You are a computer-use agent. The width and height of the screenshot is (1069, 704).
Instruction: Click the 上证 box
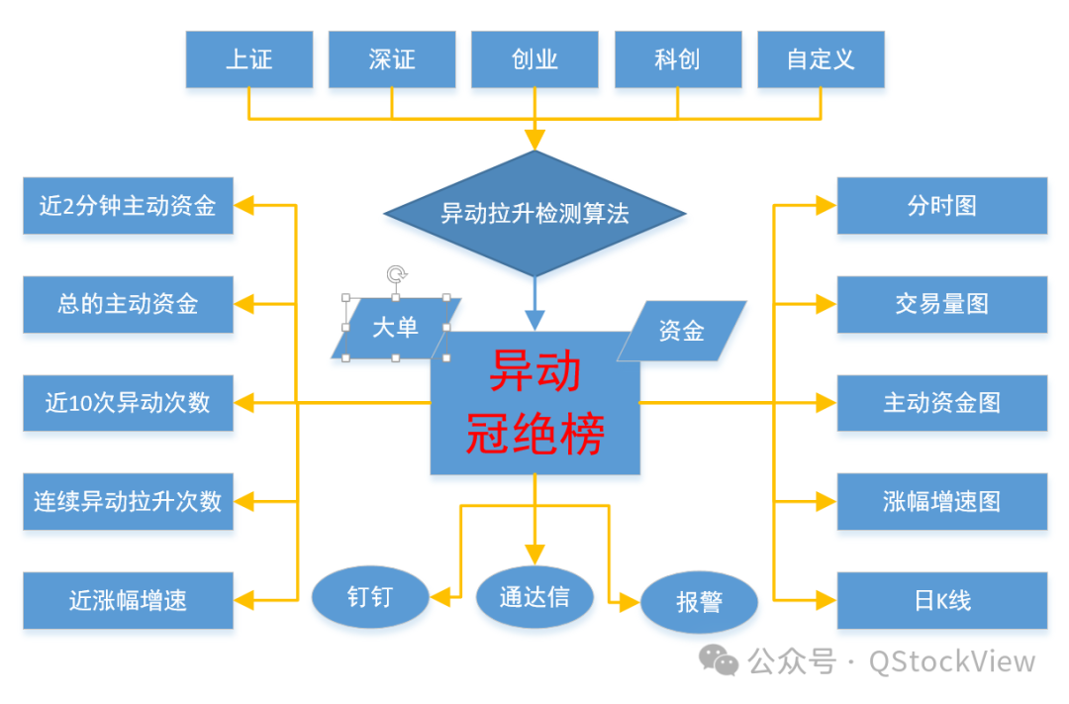pos(248,59)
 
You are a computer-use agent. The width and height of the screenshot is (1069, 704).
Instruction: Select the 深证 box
pos(392,59)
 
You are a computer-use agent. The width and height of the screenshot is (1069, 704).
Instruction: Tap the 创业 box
pos(534,59)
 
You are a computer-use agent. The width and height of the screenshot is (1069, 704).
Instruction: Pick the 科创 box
pos(678,59)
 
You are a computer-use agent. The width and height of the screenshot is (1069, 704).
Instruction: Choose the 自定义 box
pos(821,59)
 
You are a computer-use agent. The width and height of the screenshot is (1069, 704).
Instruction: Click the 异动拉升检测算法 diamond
pos(534,213)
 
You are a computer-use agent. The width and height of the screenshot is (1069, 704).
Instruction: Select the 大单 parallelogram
pos(396,328)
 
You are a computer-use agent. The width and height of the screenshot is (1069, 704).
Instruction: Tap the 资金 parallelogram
pos(681,331)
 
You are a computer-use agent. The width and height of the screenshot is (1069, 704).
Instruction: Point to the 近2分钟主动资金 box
pos(128,206)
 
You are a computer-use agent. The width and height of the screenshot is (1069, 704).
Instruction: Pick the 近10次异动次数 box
pos(128,403)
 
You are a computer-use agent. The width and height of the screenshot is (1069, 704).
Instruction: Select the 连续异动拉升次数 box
pos(128,501)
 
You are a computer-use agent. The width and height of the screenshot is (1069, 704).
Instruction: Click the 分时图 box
pos(941,206)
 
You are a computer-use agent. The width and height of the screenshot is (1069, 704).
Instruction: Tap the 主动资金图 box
pos(941,403)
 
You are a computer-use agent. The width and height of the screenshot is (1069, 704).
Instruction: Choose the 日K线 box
pos(941,600)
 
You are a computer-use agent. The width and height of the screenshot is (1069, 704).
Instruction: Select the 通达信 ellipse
pos(534,596)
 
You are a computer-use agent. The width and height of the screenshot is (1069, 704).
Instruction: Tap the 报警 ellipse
pos(699,602)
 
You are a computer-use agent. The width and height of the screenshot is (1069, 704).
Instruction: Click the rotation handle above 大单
pos(396,274)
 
